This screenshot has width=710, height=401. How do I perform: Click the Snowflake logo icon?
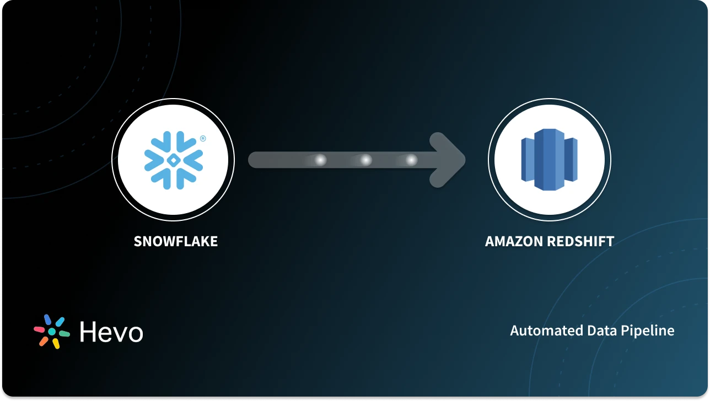coord(173,160)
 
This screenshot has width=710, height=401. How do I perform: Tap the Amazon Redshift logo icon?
coord(549,160)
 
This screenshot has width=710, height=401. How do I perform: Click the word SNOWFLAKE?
coord(176,241)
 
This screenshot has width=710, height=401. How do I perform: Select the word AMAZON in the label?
coord(510,241)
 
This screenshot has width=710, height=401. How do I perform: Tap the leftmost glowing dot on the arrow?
coord(320,160)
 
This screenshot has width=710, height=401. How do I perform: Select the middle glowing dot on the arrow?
coord(365,160)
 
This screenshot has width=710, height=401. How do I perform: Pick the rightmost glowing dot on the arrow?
coord(411,160)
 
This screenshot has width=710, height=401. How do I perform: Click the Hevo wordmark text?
coord(111,332)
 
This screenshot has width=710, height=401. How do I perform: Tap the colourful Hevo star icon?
coord(52,332)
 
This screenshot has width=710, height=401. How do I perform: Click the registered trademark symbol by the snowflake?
coord(203,139)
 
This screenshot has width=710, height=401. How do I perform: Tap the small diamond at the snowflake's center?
coord(173,160)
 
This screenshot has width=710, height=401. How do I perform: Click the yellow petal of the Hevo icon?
coord(56,343)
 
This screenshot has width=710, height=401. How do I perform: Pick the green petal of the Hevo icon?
coord(64,333)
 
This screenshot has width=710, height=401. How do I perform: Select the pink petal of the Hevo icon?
coord(40,329)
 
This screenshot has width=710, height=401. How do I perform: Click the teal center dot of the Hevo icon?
coord(52,332)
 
